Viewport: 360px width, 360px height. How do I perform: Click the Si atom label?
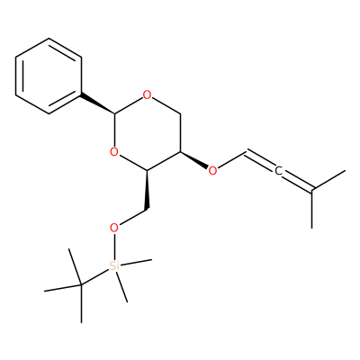pyautogui.click(x=114, y=265)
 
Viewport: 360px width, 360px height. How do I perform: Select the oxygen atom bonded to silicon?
pyautogui.click(x=114, y=228)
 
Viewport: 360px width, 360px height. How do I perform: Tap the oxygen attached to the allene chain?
pyautogui.click(x=212, y=171)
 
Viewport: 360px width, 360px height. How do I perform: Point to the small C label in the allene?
pyautogui.click(x=278, y=171)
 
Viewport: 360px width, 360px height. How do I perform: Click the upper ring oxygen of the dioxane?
pyautogui.click(x=147, y=95)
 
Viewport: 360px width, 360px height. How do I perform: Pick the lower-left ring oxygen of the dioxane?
pyautogui.click(x=114, y=152)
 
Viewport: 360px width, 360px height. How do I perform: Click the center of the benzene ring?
pyautogui.click(x=49, y=76)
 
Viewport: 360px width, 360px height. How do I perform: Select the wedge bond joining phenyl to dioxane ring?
pyautogui.click(x=97, y=104)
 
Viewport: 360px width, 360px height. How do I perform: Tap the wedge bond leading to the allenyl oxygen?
pyautogui.click(x=194, y=160)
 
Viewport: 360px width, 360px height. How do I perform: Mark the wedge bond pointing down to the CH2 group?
pyautogui.click(x=147, y=190)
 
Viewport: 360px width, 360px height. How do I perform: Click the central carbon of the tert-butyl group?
pyautogui.click(x=81, y=284)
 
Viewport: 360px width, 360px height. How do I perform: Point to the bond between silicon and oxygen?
pyautogui.click(x=114, y=247)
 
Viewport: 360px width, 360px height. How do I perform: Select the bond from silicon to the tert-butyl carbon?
pyautogui.click(x=94, y=276)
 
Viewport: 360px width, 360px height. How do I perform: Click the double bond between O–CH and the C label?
pyautogui.click(x=260, y=161)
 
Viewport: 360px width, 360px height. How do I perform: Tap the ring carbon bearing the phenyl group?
pyautogui.click(x=114, y=114)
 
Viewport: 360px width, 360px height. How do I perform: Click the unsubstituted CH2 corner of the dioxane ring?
pyautogui.click(x=180, y=114)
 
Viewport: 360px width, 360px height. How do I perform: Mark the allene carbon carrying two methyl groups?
pyautogui.click(x=312, y=190)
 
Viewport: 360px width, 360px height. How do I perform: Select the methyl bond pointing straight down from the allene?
pyautogui.click(x=312, y=209)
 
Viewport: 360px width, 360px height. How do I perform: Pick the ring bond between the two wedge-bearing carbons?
pyautogui.click(x=164, y=161)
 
